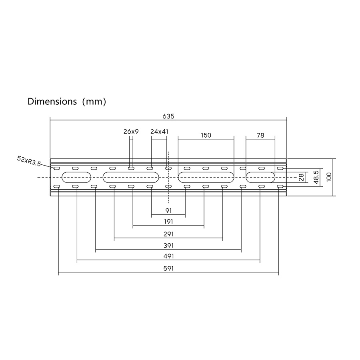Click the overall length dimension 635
pyautogui.click(x=168, y=116)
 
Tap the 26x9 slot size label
pyautogui.click(x=131, y=132)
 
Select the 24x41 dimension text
pyautogui.click(x=159, y=132)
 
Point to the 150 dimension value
pyautogui.click(x=206, y=135)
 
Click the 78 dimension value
pyautogui.click(x=260, y=135)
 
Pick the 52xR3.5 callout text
pyautogui.click(x=29, y=161)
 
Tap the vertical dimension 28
pyautogui.click(x=302, y=177)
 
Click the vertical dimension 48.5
pyautogui.click(x=316, y=177)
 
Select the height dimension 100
pyautogui.click(x=329, y=177)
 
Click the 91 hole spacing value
pyautogui.click(x=168, y=210)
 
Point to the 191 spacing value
pyautogui.click(x=168, y=222)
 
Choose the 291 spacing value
pyautogui.click(x=168, y=234)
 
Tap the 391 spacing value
pyautogui.click(x=168, y=246)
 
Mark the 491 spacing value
pyautogui.click(x=168, y=256)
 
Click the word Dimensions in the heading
pyautogui.click(x=52, y=101)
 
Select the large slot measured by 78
pyautogui.click(x=260, y=177)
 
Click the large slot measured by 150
pyautogui.click(x=206, y=177)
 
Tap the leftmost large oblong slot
pyautogui.click(x=76, y=177)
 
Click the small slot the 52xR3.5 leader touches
pyautogui.click(x=57, y=168)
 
